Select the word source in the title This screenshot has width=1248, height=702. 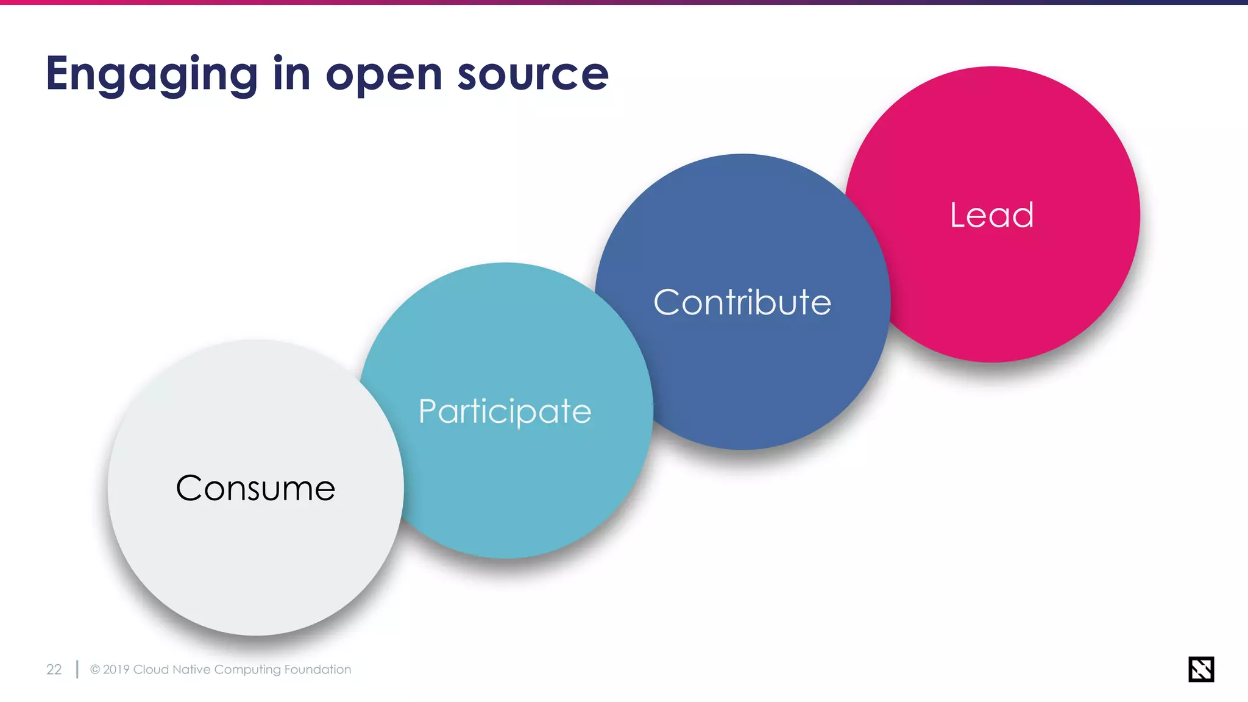click(533, 74)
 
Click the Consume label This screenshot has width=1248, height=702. click(255, 488)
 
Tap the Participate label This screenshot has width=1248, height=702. click(505, 411)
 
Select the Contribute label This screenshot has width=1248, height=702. click(742, 302)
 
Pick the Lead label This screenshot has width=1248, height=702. click(991, 215)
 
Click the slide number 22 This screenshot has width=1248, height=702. click(54, 670)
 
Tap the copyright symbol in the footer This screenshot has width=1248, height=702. click(95, 670)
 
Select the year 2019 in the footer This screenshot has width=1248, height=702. click(116, 670)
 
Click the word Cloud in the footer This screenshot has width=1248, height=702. click(151, 670)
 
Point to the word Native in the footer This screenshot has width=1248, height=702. click(191, 670)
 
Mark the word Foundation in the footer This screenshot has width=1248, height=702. click(317, 670)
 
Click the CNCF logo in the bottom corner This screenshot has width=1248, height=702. click(1200, 669)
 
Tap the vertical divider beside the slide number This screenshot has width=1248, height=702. click(77, 669)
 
